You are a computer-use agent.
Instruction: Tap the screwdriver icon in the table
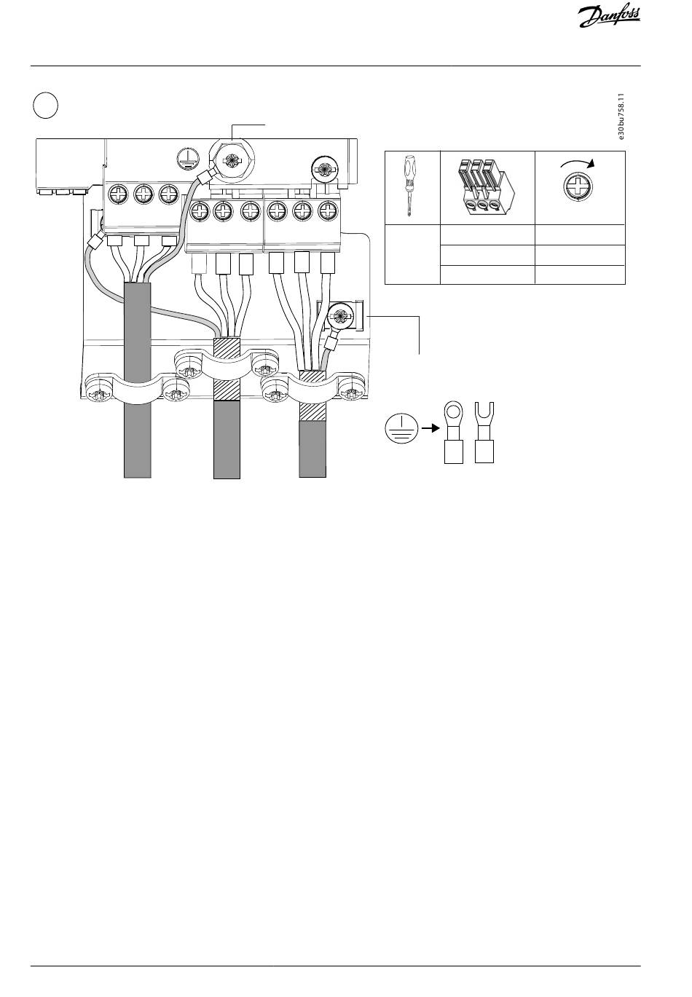click(x=412, y=187)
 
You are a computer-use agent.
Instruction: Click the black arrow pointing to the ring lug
click(x=430, y=429)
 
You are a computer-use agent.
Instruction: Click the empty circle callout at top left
click(x=46, y=106)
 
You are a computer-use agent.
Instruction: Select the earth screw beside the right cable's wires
click(x=339, y=317)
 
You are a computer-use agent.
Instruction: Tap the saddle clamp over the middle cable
click(x=226, y=364)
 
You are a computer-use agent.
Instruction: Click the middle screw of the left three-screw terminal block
click(x=143, y=195)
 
